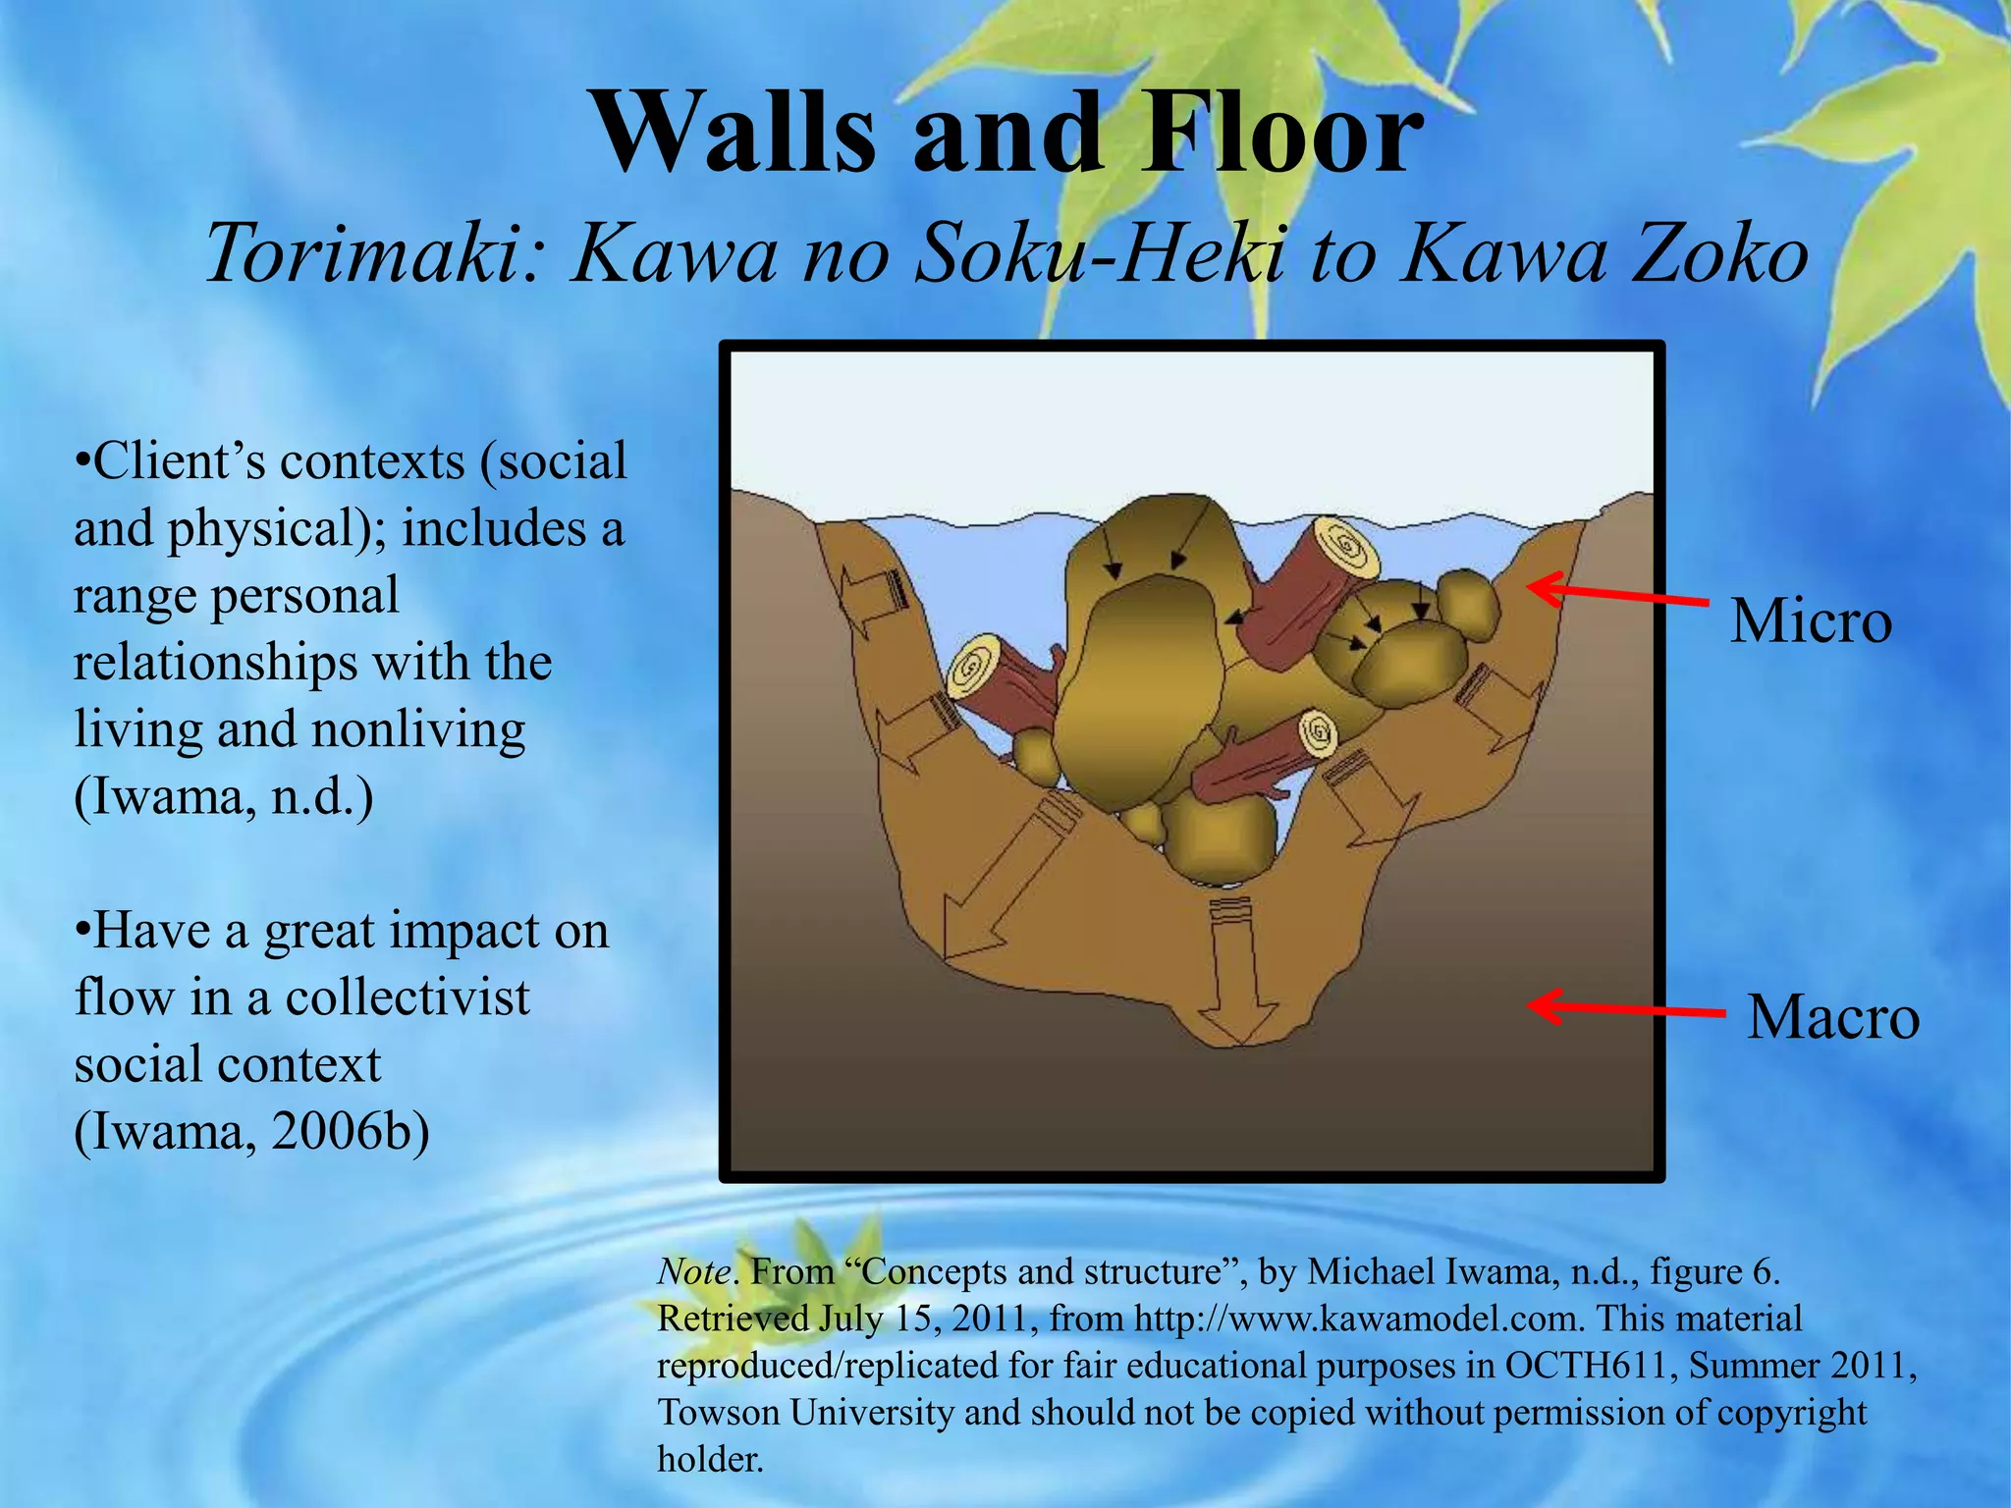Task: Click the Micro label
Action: click(x=1810, y=621)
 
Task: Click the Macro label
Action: click(x=1832, y=1017)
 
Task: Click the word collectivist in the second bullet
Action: click(x=408, y=998)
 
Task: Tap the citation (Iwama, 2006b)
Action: click(x=251, y=1132)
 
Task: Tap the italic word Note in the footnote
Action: click(x=693, y=1271)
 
